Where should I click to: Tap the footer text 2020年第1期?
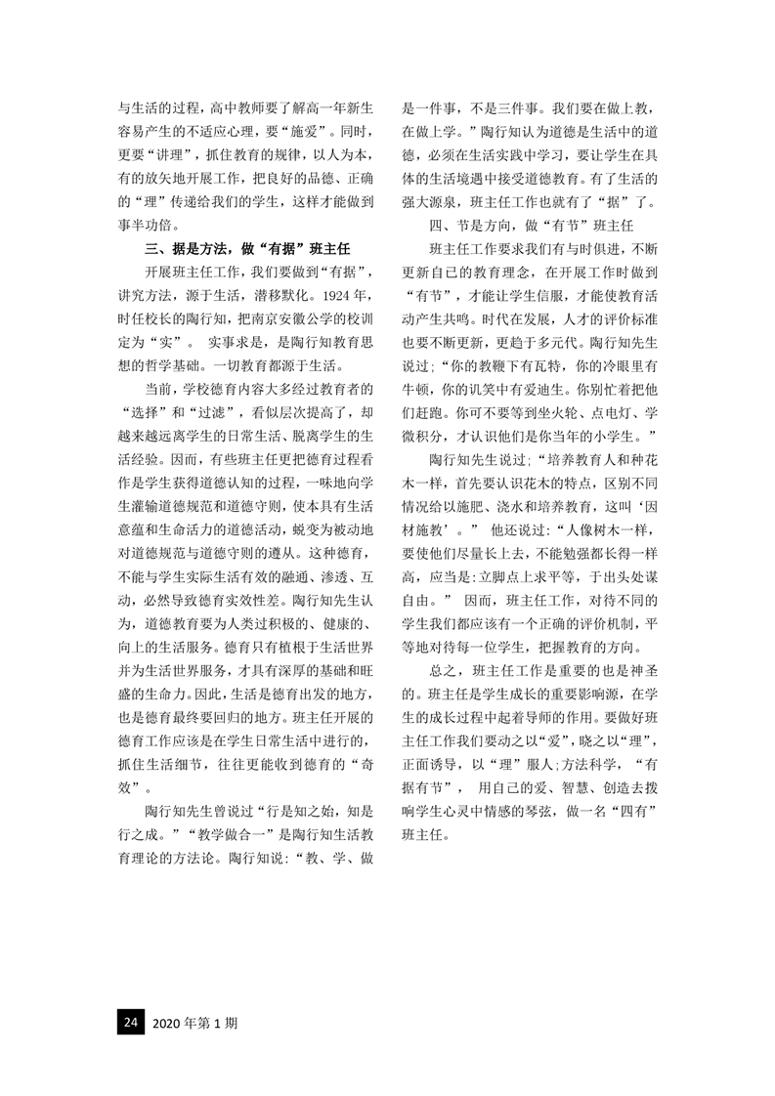(195, 1023)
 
